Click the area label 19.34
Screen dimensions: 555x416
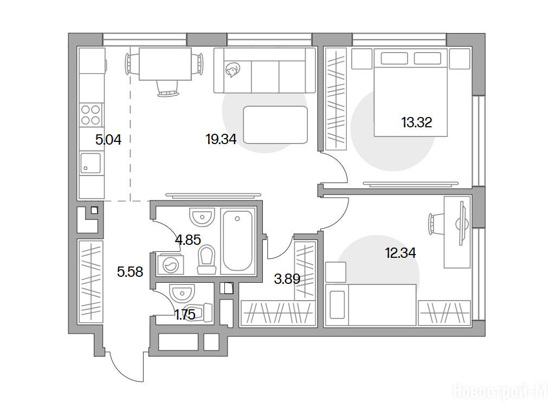coord(221,139)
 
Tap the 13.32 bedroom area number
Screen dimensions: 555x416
coord(417,123)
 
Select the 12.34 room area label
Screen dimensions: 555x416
coord(401,253)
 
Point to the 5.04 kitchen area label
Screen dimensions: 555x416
coord(108,140)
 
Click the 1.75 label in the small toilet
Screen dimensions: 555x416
coord(185,314)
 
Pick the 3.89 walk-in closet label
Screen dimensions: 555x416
coord(287,279)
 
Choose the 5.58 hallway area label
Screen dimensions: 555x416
coord(130,272)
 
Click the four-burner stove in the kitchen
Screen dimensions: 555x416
coord(91,115)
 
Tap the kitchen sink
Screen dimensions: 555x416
coord(91,162)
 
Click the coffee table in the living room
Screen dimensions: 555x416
coord(275,125)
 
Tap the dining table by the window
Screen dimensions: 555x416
coord(165,64)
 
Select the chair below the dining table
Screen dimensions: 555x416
coord(168,88)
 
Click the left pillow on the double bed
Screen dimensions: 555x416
coord(394,58)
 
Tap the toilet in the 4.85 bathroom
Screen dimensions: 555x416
coord(206,259)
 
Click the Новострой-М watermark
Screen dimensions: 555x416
coord(500,392)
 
